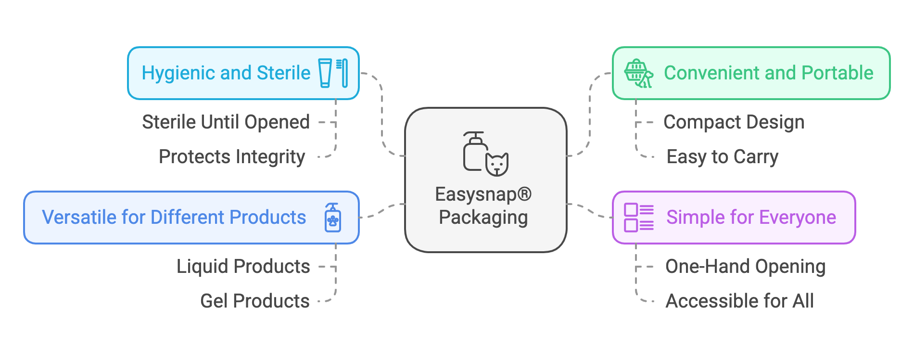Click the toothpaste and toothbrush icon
pos(333,73)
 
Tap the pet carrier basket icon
pos(638,73)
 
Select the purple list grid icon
pos(638,218)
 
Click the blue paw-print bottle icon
pos(332,218)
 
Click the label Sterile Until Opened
pos(226,122)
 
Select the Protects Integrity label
pos(232,157)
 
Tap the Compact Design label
pos(734,122)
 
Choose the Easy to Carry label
pos(722,157)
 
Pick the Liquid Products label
pos(243,267)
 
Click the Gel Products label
pos(254,301)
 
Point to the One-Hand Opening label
pos(745,267)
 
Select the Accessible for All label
pos(739,301)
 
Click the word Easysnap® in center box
pos(483,194)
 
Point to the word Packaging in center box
pos(483,218)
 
